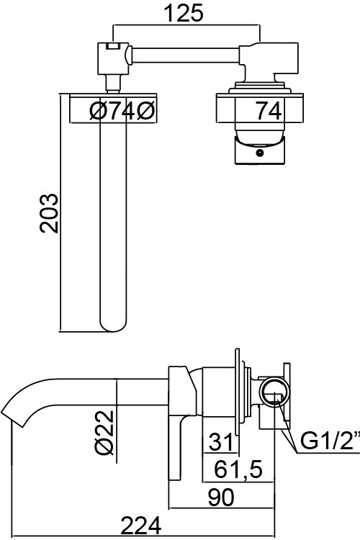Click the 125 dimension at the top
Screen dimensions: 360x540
pyautogui.click(x=184, y=14)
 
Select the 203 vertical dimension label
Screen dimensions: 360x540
pyautogui.click(x=49, y=214)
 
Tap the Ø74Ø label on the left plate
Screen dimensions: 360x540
pyautogui.click(x=122, y=111)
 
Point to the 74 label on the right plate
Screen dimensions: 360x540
pyautogui.click(x=269, y=111)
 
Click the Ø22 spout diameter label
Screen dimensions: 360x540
pyautogui.click(x=104, y=432)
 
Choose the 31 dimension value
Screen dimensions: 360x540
pyautogui.click(x=220, y=441)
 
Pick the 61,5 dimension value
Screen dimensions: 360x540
pyautogui.click(x=238, y=469)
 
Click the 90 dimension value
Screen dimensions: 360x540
pyautogui.click(x=222, y=498)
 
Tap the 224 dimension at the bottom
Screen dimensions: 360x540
pyautogui.click(x=141, y=525)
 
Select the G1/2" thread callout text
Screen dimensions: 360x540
pyautogui.click(x=330, y=441)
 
